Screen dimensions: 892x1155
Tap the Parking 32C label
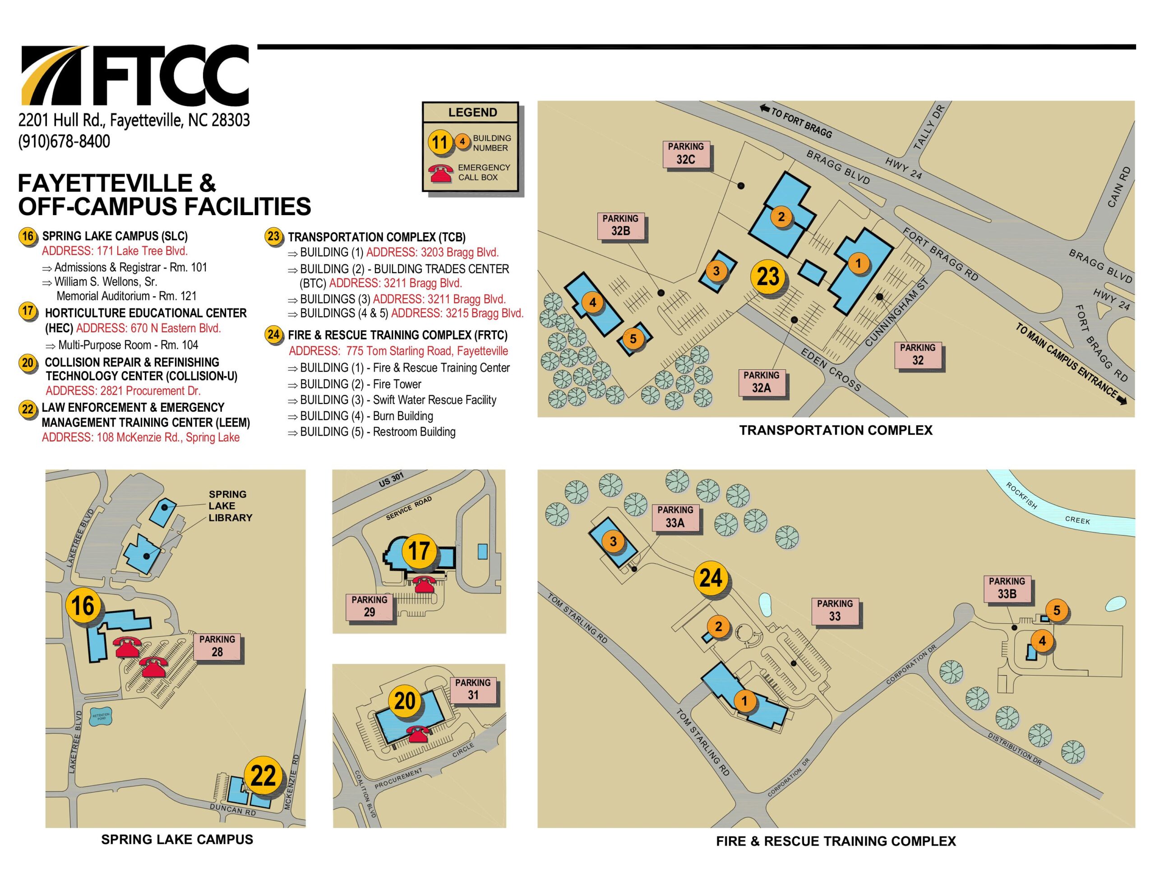685,154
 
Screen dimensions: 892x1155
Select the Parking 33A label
675,517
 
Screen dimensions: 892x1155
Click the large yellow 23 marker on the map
768,276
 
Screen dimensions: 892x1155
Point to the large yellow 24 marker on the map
710,578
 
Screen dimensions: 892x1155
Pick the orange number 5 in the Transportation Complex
633,338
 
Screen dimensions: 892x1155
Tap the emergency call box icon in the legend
440,172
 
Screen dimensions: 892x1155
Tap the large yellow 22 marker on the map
263,776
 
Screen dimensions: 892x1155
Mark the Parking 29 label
369,606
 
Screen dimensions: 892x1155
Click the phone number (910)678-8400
64,142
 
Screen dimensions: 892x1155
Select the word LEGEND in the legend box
472,112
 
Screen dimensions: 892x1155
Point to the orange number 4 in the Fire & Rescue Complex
1042,641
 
